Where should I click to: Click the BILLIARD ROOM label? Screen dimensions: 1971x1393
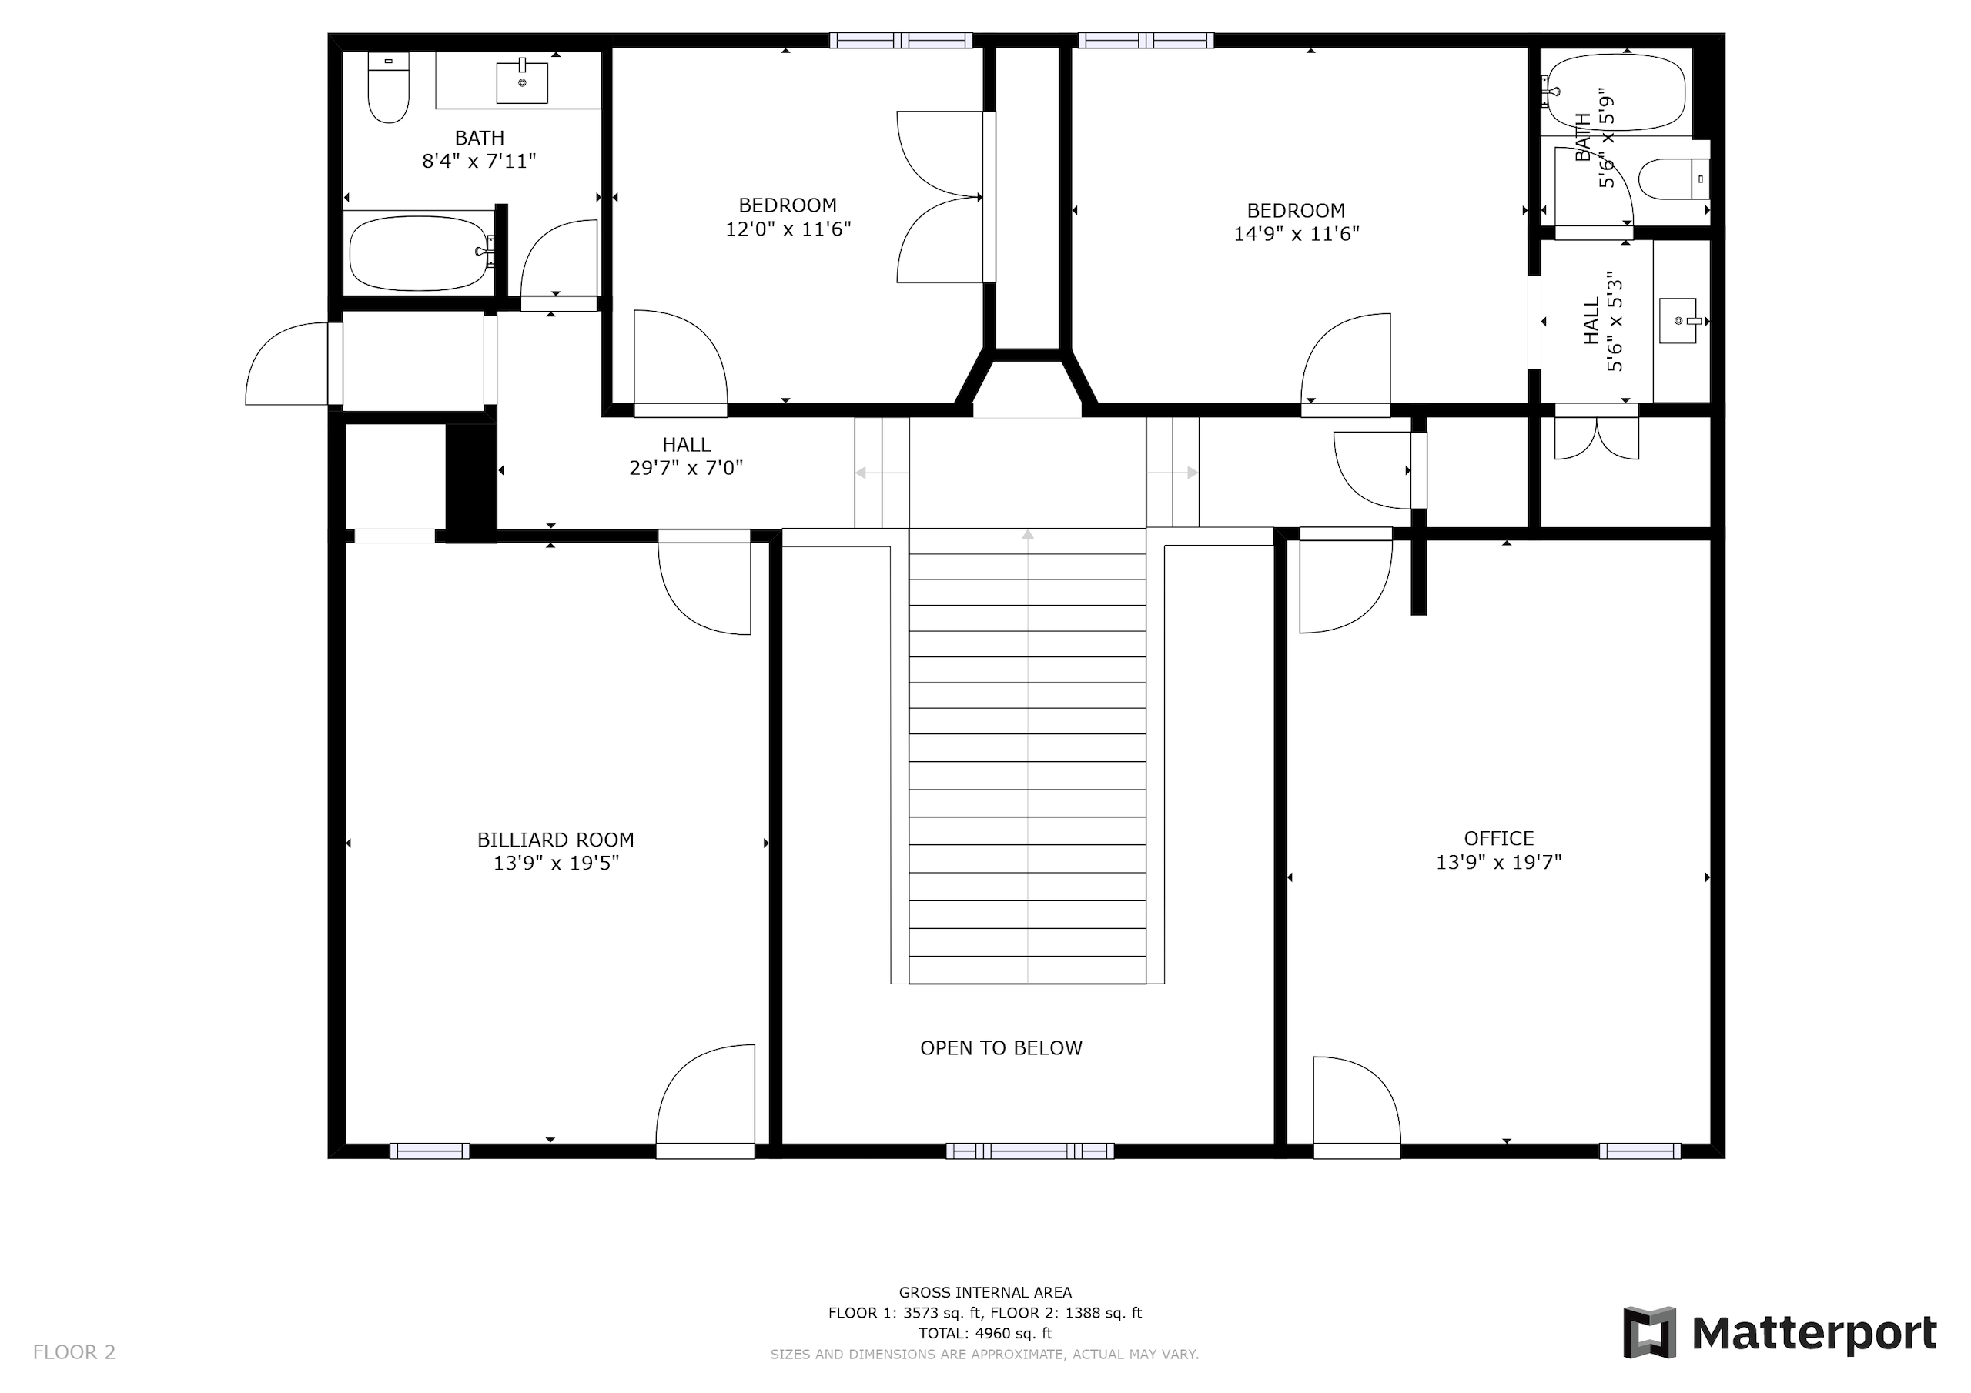(555, 840)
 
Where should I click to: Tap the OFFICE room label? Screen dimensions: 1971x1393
(1499, 839)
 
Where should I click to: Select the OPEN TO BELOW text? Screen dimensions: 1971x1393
(1001, 1048)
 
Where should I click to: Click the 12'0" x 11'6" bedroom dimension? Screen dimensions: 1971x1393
(788, 229)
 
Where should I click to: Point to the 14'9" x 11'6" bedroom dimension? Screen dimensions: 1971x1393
(1297, 233)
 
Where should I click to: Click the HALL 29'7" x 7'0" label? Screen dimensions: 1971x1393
(686, 456)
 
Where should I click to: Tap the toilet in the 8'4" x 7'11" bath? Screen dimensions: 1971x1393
(388, 87)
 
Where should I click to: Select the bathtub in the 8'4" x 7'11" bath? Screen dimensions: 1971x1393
(420, 253)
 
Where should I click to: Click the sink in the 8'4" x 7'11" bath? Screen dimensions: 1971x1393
(522, 82)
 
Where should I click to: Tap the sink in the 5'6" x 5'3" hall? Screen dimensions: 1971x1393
(1679, 321)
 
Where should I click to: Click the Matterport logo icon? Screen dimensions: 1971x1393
(1649, 1333)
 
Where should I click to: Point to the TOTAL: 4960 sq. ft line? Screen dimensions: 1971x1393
(985, 1333)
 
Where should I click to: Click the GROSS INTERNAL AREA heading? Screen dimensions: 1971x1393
(985, 1291)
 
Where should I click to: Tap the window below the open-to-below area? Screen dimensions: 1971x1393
(1030, 1151)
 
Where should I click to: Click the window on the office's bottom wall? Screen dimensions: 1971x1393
(1640, 1151)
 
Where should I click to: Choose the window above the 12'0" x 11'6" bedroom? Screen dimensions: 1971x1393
(901, 40)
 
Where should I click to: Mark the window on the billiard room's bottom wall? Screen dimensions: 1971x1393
(429, 1151)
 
